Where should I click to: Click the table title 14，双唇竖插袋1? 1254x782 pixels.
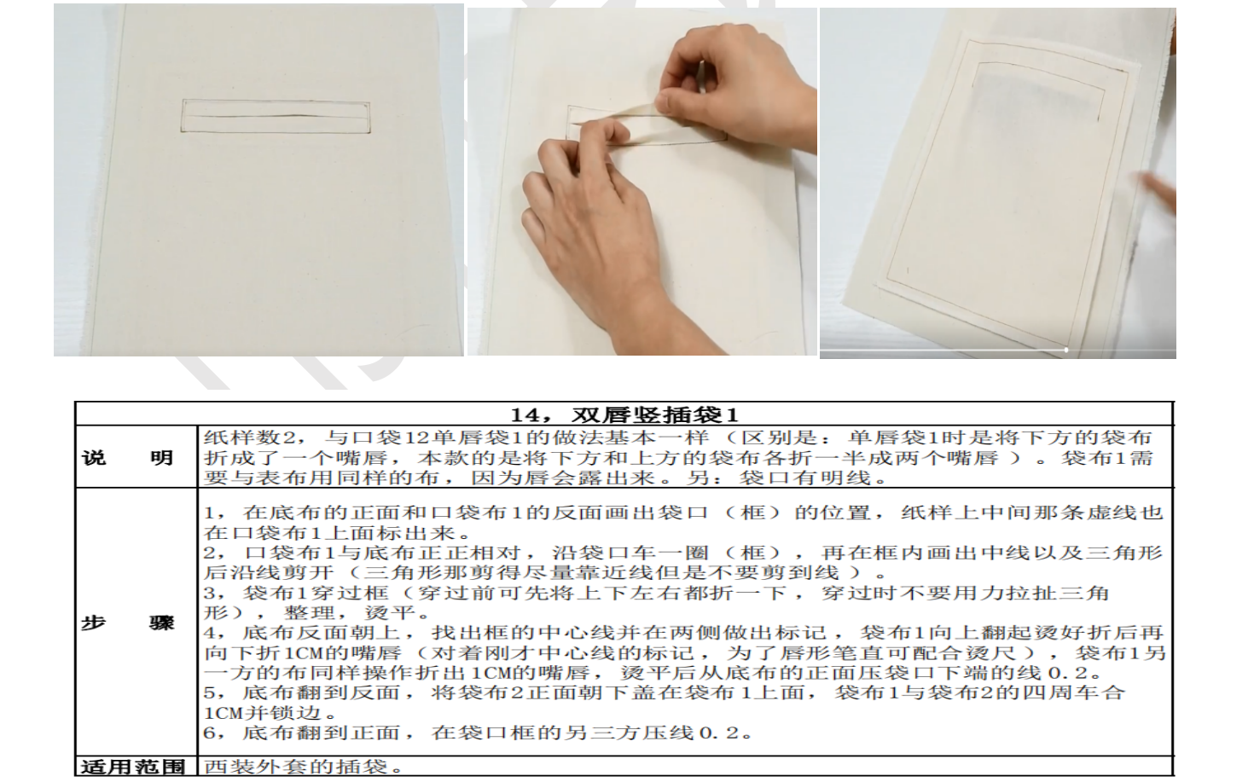coord(624,414)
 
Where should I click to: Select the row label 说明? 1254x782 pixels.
coord(128,458)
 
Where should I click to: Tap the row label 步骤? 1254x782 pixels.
coord(128,623)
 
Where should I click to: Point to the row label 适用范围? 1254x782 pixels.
coord(133,767)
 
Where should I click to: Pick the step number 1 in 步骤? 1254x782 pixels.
coord(209,513)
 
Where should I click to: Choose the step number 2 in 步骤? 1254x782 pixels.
coord(209,553)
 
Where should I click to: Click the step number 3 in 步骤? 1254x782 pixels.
coord(209,593)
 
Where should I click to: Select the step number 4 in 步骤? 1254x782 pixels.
coord(209,633)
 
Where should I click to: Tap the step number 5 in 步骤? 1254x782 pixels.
coord(209,693)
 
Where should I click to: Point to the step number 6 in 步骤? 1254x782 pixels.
coord(209,733)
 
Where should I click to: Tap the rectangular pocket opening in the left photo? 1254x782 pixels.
coord(276,117)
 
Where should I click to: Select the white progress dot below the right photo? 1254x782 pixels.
coord(1066,350)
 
